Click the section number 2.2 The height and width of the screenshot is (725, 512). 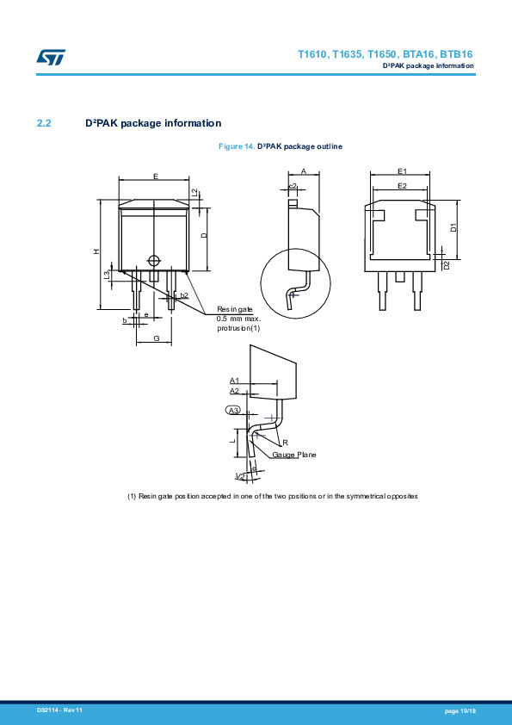[x=45, y=123]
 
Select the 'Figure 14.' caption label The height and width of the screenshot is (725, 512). [x=237, y=146]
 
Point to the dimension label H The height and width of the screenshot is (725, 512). [x=96, y=251]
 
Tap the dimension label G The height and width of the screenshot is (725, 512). [x=156, y=338]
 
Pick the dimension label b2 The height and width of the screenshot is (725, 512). [x=184, y=295]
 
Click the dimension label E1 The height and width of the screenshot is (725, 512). [x=402, y=171]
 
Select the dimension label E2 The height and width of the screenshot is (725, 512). [x=402, y=185]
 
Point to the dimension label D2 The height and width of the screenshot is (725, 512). [x=446, y=264]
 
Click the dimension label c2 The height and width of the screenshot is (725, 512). [x=293, y=186]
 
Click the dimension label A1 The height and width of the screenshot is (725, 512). [x=234, y=380]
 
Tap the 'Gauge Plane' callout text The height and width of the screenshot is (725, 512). [x=294, y=454]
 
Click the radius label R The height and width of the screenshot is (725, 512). [x=285, y=442]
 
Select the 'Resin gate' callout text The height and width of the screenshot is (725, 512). [x=234, y=309]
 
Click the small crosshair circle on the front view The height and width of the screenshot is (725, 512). [x=154, y=261]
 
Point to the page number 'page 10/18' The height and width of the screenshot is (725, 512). [x=460, y=710]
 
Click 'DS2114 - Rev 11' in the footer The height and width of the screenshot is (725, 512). [x=59, y=710]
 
